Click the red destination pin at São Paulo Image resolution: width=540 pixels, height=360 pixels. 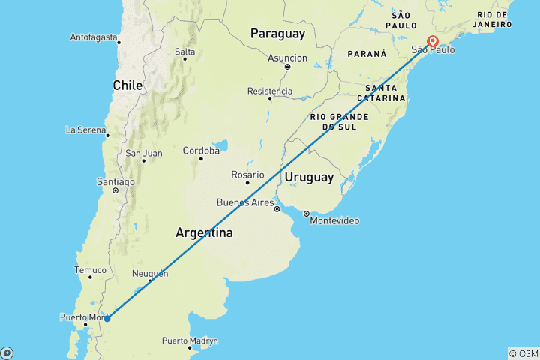[x=433, y=41]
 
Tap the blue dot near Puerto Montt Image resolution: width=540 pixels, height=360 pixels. [x=107, y=318]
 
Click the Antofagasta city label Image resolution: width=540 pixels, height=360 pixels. [x=94, y=37]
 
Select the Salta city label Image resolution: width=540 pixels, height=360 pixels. [x=184, y=52]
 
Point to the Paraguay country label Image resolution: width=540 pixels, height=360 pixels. [x=277, y=34]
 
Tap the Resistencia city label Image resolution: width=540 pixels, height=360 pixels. [x=270, y=91]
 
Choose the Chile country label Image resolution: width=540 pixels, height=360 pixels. [x=127, y=85]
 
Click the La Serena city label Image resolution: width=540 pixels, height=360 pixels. [x=86, y=130]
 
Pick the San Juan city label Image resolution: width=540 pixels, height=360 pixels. [x=143, y=154]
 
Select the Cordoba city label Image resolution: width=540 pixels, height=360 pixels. [x=201, y=151]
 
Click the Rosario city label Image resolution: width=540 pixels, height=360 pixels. [x=247, y=175]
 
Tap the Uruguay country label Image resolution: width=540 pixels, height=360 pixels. [x=308, y=177]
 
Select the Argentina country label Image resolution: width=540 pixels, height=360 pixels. [x=204, y=232]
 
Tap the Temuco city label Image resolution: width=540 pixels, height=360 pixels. [x=91, y=270]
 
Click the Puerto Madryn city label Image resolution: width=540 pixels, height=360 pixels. [x=190, y=340]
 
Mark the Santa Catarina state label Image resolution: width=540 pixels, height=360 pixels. [x=381, y=93]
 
